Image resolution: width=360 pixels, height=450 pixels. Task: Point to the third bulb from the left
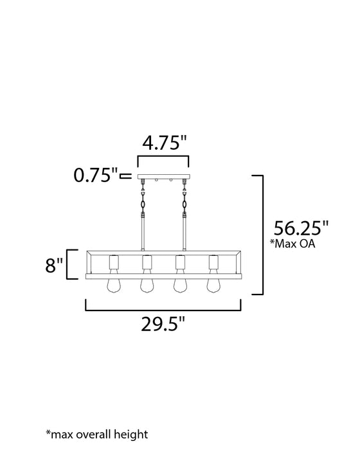[179, 285]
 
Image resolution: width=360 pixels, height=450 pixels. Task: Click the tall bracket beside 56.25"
[262, 234]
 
